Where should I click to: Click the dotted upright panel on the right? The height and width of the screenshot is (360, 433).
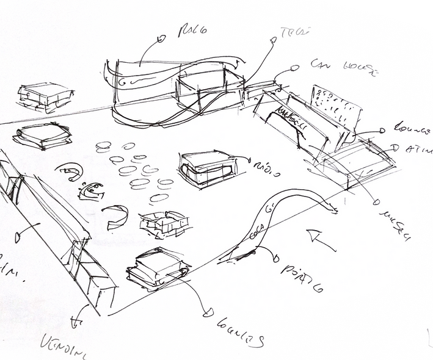coord(336,110)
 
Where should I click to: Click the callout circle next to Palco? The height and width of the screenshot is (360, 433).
coord(162,38)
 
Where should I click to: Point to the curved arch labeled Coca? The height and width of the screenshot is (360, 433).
coord(281,214)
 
